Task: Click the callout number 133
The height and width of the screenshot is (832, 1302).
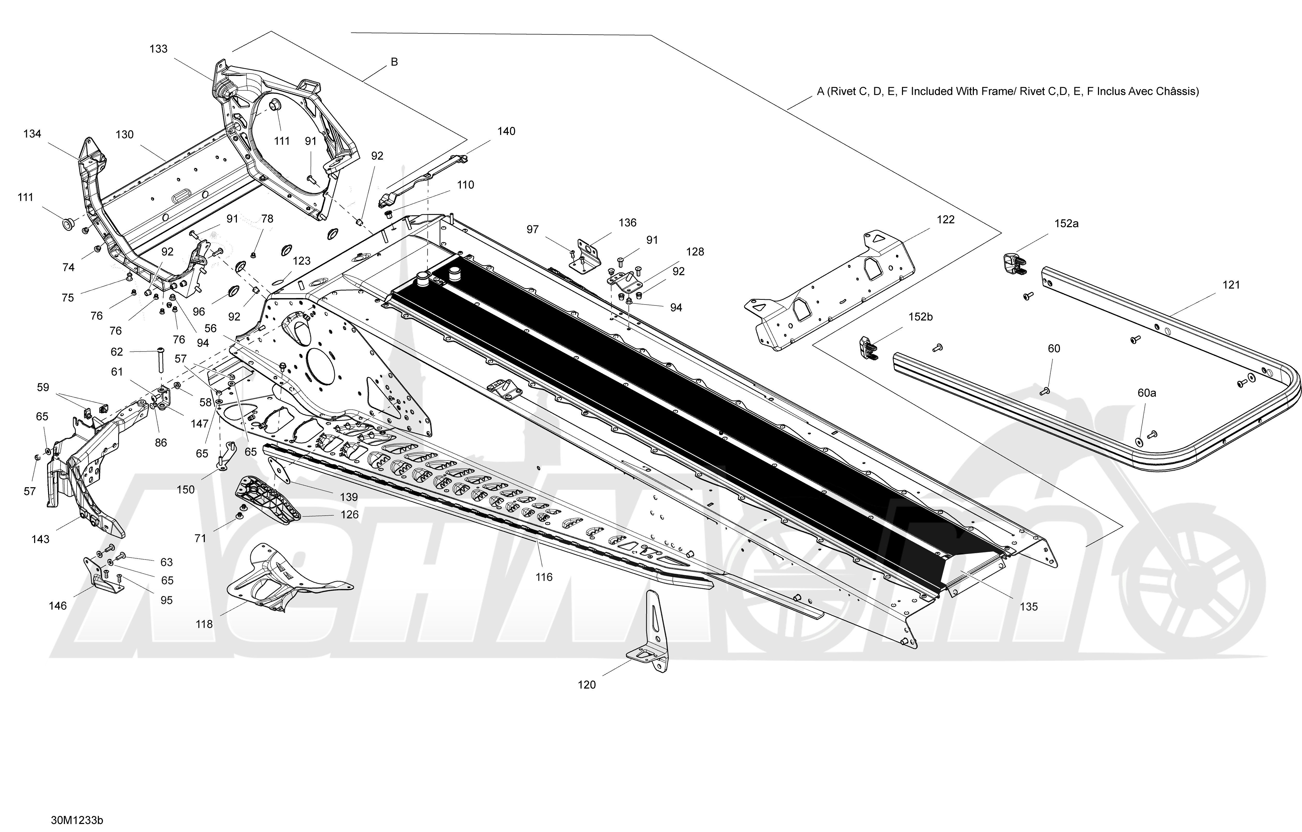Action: tap(159, 49)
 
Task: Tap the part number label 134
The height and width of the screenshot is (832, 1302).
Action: tap(32, 134)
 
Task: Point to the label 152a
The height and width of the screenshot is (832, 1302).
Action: tap(1066, 223)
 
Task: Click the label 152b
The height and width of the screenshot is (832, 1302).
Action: tap(920, 317)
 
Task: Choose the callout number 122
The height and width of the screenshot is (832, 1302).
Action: tap(946, 219)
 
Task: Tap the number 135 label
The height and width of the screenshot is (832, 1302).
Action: tap(1029, 607)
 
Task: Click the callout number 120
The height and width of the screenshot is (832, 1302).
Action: tap(587, 685)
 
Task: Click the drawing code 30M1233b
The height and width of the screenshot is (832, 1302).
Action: tap(77, 820)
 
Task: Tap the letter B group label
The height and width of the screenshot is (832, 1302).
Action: tap(394, 62)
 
